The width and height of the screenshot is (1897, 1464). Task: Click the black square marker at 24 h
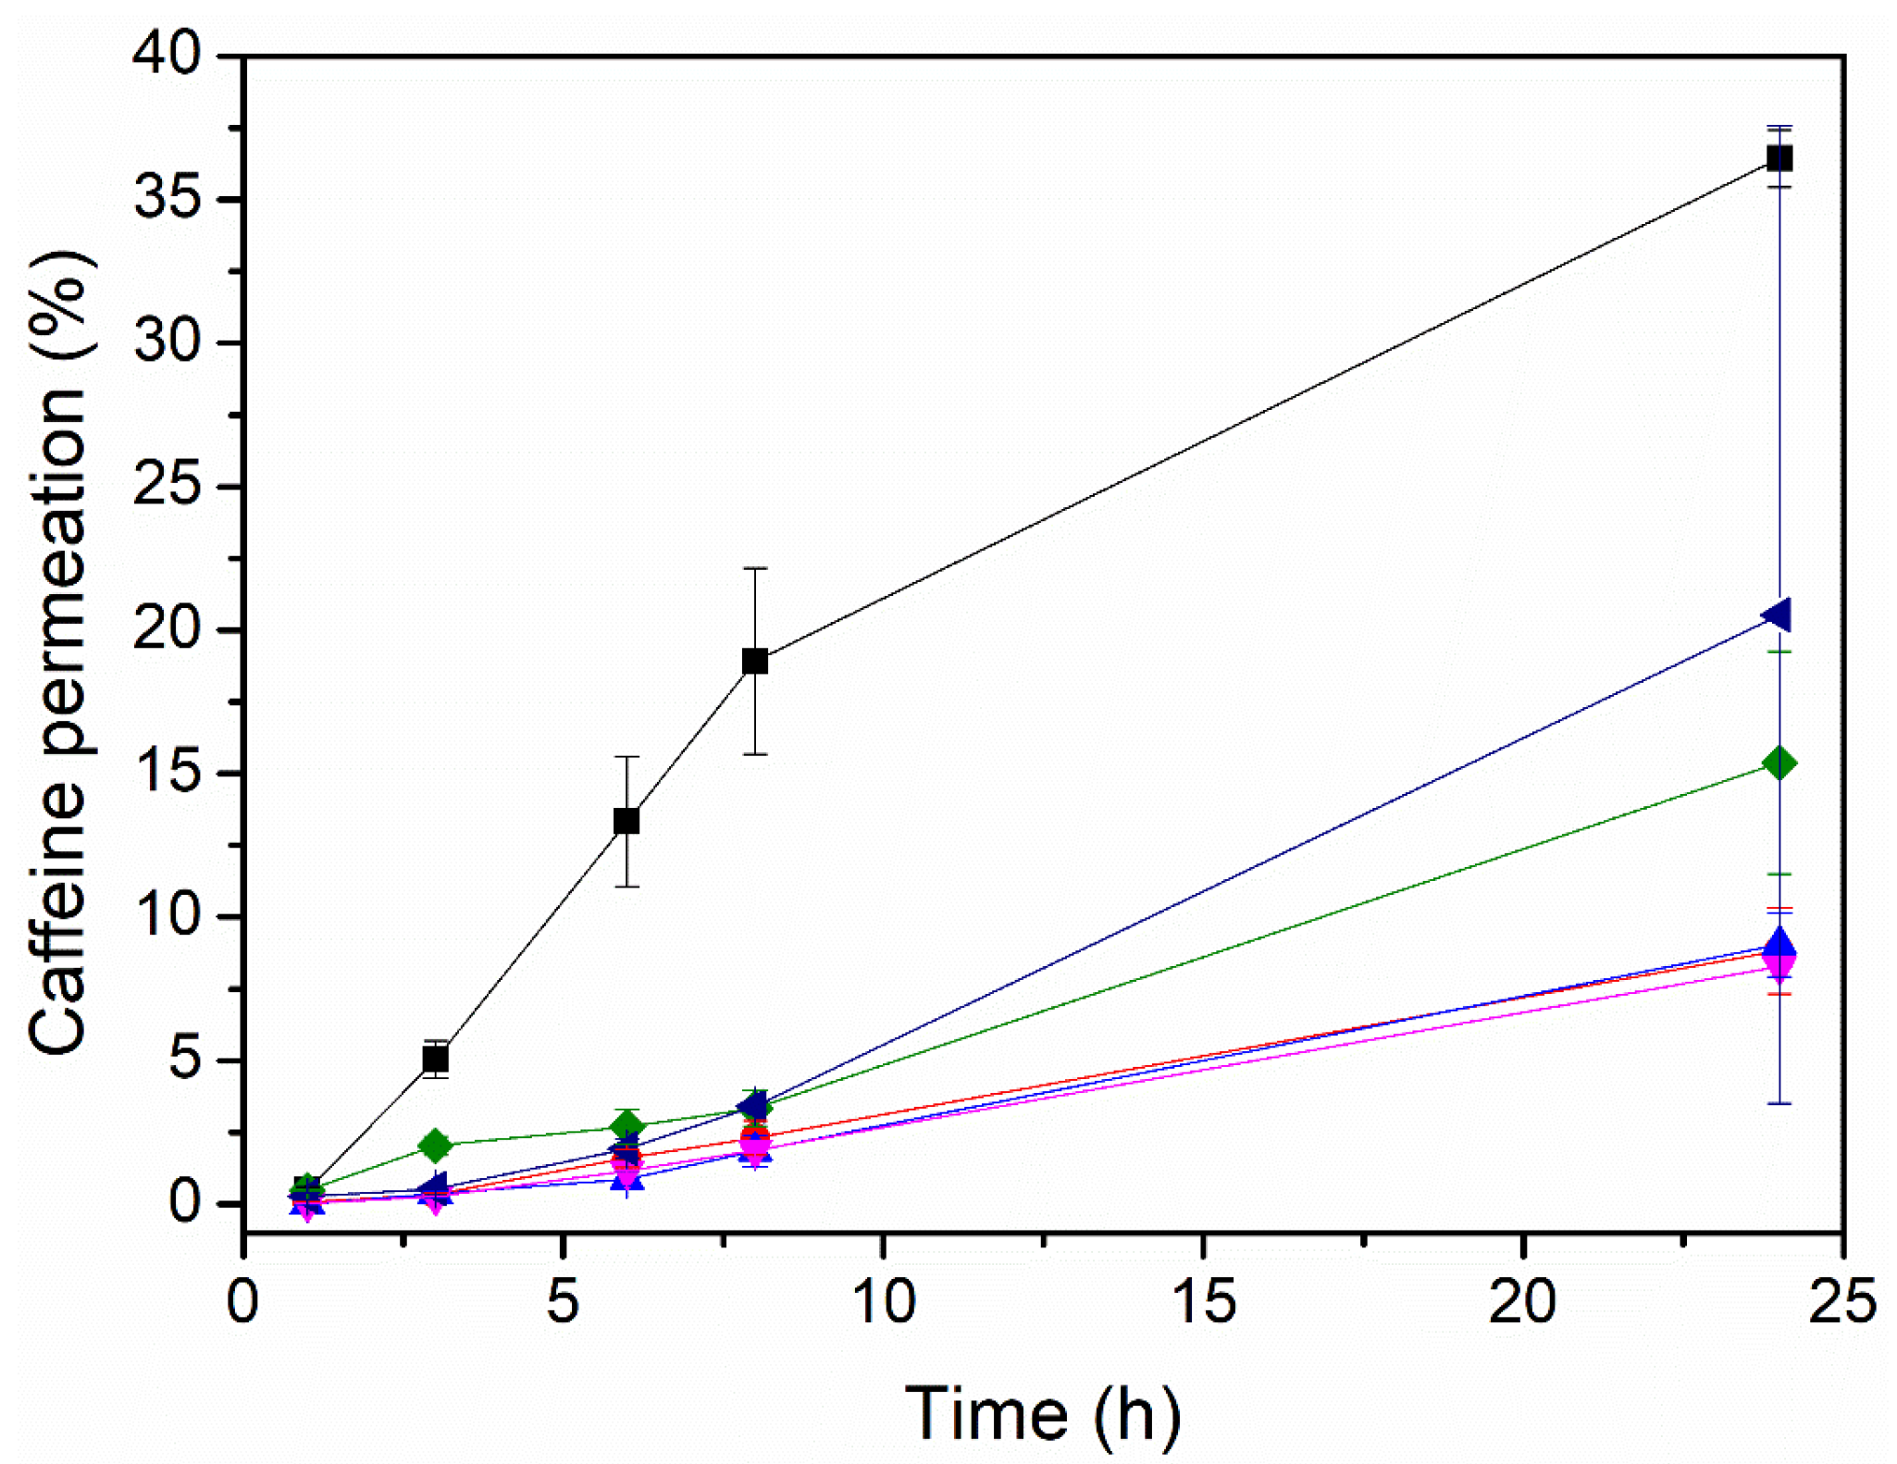pos(1779,158)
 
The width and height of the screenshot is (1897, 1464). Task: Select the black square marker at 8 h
pos(755,662)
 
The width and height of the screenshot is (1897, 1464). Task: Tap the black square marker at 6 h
pos(626,821)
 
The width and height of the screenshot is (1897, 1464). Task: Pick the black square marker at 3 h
pos(435,1059)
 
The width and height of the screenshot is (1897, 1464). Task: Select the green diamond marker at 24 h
pos(1779,763)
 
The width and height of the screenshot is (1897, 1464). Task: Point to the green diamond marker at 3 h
pos(435,1146)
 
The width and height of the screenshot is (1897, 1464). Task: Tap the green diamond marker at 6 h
pos(626,1126)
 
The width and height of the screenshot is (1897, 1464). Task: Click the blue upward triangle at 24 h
pos(1779,943)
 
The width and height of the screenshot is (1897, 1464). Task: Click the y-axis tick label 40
pos(167,56)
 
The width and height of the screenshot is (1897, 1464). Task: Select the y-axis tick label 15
pos(167,774)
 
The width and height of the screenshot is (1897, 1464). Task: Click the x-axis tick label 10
pos(883,1301)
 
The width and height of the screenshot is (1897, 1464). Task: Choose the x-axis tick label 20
pos(1522,1301)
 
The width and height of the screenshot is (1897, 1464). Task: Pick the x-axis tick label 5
pos(563,1301)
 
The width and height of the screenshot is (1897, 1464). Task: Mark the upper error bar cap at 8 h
pos(755,568)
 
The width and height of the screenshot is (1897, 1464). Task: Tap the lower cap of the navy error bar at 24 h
pos(1779,1103)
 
